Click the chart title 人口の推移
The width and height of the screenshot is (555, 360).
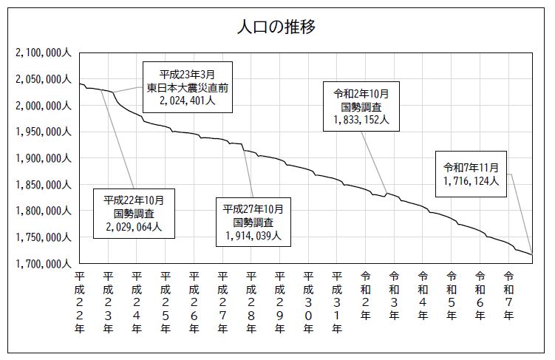click(277, 28)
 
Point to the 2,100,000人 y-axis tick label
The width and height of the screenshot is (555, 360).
click(43, 53)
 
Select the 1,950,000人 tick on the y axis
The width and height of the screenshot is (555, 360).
click(43, 132)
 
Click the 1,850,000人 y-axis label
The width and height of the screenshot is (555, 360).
click(43, 185)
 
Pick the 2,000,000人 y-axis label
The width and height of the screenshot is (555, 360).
click(43, 106)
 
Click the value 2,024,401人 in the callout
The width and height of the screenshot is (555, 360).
click(187, 101)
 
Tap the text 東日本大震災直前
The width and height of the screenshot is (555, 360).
click(187, 87)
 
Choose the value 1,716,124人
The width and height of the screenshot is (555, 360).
click(471, 180)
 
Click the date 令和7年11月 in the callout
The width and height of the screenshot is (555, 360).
click(471, 167)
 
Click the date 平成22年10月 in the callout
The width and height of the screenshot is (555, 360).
click(139, 200)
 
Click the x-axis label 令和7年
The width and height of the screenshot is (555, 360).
click(508, 295)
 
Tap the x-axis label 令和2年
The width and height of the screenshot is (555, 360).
click(366, 295)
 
